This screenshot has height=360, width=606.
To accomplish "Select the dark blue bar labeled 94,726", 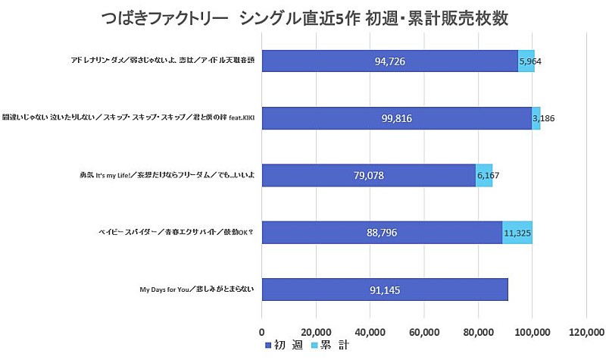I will click(x=389, y=61).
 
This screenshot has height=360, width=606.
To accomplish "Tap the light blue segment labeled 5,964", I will click(x=526, y=61).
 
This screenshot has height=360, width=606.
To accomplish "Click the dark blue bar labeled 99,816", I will click(x=396, y=117).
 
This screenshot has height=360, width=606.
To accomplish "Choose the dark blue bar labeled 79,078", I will click(x=368, y=175).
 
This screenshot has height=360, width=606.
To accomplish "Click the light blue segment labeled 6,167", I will click(x=484, y=175).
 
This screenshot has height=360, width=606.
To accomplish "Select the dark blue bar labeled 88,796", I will click(x=382, y=232).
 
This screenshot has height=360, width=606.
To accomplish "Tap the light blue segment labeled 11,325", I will click(x=517, y=232).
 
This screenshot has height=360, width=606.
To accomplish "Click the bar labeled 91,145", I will click(x=385, y=289).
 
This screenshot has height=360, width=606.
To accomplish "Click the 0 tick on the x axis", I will click(x=262, y=330).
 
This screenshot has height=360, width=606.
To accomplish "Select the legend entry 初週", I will click(x=285, y=346).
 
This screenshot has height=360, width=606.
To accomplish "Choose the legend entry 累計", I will click(x=333, y=346).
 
